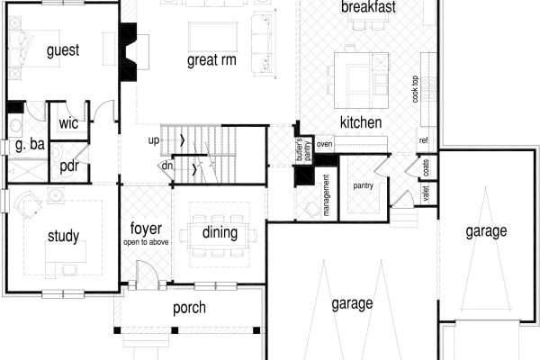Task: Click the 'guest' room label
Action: (63, 50)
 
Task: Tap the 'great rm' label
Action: (211, 60)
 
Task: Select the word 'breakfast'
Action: (368, 7)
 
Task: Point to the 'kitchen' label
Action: (361, 122)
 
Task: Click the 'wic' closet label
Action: (68, 123)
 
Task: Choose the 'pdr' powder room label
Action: (69, 166)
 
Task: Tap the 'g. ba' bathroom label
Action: (30, 144)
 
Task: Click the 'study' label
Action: (63, 237)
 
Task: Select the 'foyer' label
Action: (146, 229)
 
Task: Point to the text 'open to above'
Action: (146, 242)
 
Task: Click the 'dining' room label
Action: (220, 233)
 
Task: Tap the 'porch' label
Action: (189, 308)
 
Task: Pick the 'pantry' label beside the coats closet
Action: (363, 186)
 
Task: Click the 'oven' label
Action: (324, 144)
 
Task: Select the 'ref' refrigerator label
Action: (424, 140)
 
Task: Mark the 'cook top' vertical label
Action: (415, 89)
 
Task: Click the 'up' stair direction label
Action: (154, 140)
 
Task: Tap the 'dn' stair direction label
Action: (167, 166)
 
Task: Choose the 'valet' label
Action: (426, 193)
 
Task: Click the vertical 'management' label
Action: (326, 195)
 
